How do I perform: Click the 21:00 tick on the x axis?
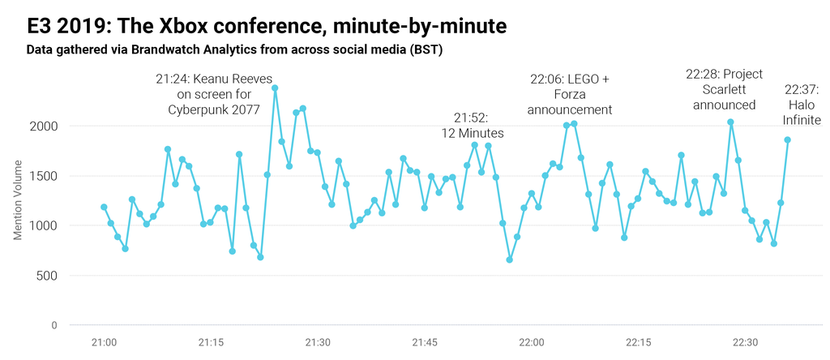104,343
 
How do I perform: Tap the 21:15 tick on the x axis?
211,343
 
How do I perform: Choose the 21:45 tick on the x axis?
425,343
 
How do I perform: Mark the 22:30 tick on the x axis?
744,343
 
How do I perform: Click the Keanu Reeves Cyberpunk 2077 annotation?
213,95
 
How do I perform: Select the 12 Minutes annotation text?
473,126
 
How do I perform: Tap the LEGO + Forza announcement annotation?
569,94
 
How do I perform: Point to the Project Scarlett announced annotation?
724,89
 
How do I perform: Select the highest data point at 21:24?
275,88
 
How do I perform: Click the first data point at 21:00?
104,207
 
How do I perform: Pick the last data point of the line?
787,139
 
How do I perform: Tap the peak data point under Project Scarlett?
730,122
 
